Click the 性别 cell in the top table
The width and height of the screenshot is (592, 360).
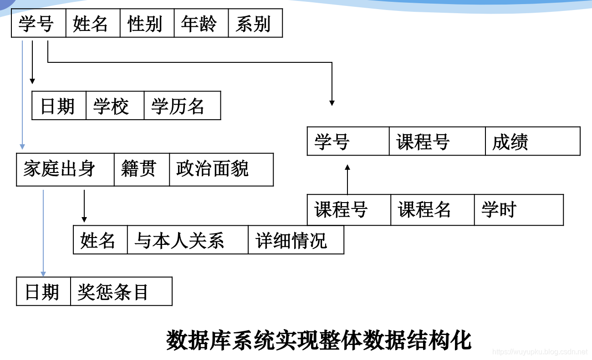(147, 24)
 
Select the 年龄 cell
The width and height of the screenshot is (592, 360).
(201, 24)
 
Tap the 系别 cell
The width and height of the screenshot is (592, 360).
(255, 24)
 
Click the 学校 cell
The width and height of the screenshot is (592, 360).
(115, 106)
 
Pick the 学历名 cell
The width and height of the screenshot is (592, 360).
(182, 106)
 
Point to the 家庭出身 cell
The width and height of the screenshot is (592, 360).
(65, 169)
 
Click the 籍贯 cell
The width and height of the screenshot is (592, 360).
(141, 169)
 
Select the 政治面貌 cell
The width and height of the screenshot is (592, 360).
(221, 169)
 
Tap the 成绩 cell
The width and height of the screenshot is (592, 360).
(532, 142)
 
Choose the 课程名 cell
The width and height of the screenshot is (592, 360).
(432, 210)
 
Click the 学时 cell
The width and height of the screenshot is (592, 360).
(518, 210)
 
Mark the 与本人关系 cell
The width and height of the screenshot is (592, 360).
(187, 240)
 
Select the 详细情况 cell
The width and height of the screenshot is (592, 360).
(296, 240)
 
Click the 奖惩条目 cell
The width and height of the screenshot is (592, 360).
(121, 292)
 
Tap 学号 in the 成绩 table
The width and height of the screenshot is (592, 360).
(348, 142)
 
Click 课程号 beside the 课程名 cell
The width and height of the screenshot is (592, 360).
(348, 210)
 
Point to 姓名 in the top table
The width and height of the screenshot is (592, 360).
(93, 24)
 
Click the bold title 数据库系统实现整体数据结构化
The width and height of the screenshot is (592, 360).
(319, 340)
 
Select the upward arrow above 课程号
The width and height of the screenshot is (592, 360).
(347, 180)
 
